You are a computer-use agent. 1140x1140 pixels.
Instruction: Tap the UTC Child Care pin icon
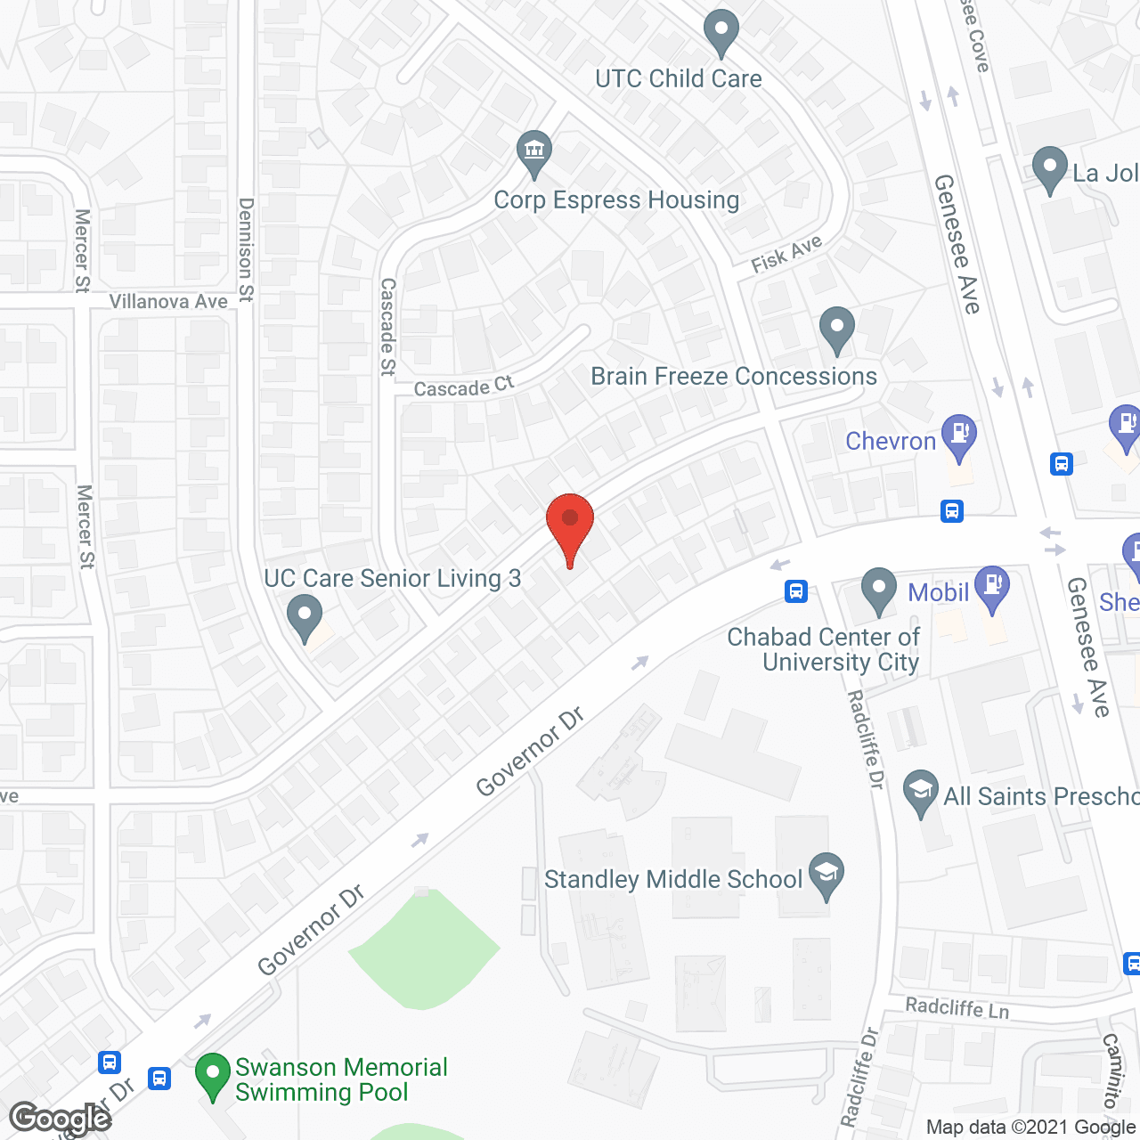721,33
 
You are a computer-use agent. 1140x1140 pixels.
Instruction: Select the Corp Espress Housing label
616,200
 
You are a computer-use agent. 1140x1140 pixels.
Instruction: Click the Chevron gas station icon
959,436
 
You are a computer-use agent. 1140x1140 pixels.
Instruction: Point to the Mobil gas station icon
992,587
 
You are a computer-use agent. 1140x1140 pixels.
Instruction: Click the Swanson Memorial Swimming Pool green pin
212,1074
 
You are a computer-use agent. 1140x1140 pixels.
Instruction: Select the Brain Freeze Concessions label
734,377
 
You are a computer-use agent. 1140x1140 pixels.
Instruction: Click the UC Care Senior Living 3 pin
305,616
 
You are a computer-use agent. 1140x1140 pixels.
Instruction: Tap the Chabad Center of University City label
823,649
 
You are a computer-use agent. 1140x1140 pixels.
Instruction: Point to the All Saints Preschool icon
920,791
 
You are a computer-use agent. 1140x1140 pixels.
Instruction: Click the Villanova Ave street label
168,302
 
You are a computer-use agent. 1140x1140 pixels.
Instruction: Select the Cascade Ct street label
464,387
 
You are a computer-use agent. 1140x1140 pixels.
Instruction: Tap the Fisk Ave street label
786,254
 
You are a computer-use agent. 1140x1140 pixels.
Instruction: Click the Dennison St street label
246,249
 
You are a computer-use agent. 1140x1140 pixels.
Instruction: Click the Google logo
61,1119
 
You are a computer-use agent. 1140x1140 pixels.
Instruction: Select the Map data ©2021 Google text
1030,1128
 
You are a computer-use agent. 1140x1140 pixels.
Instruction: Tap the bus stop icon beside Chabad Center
796,590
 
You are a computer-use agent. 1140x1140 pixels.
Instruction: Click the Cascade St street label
387,327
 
